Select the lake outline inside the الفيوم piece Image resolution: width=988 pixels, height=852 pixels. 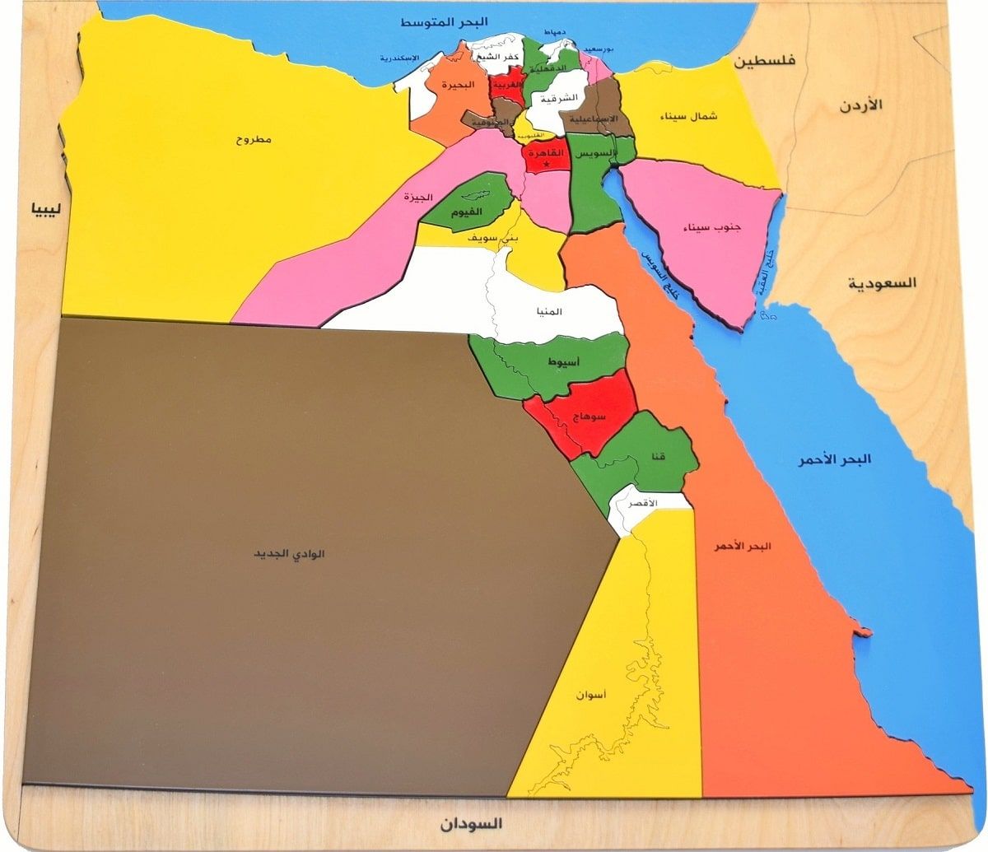(x=475, y=195)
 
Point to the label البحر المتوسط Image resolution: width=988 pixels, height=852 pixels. (x=445, y=21)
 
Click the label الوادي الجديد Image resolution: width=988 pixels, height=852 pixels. (x=289, y=554)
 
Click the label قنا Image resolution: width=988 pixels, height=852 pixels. (x=659, y=456)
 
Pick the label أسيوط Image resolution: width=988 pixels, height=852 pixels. (x=562, y=361)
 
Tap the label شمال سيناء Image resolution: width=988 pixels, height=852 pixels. (x=688, y=116)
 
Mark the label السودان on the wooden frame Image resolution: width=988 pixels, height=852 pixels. (x=470, y=823)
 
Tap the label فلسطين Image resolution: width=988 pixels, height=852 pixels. (x=765, y=61)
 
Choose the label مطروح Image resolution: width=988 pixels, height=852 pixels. (x=254, y=139)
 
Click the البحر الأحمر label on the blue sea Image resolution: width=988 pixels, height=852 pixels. (x=833, y=459)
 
